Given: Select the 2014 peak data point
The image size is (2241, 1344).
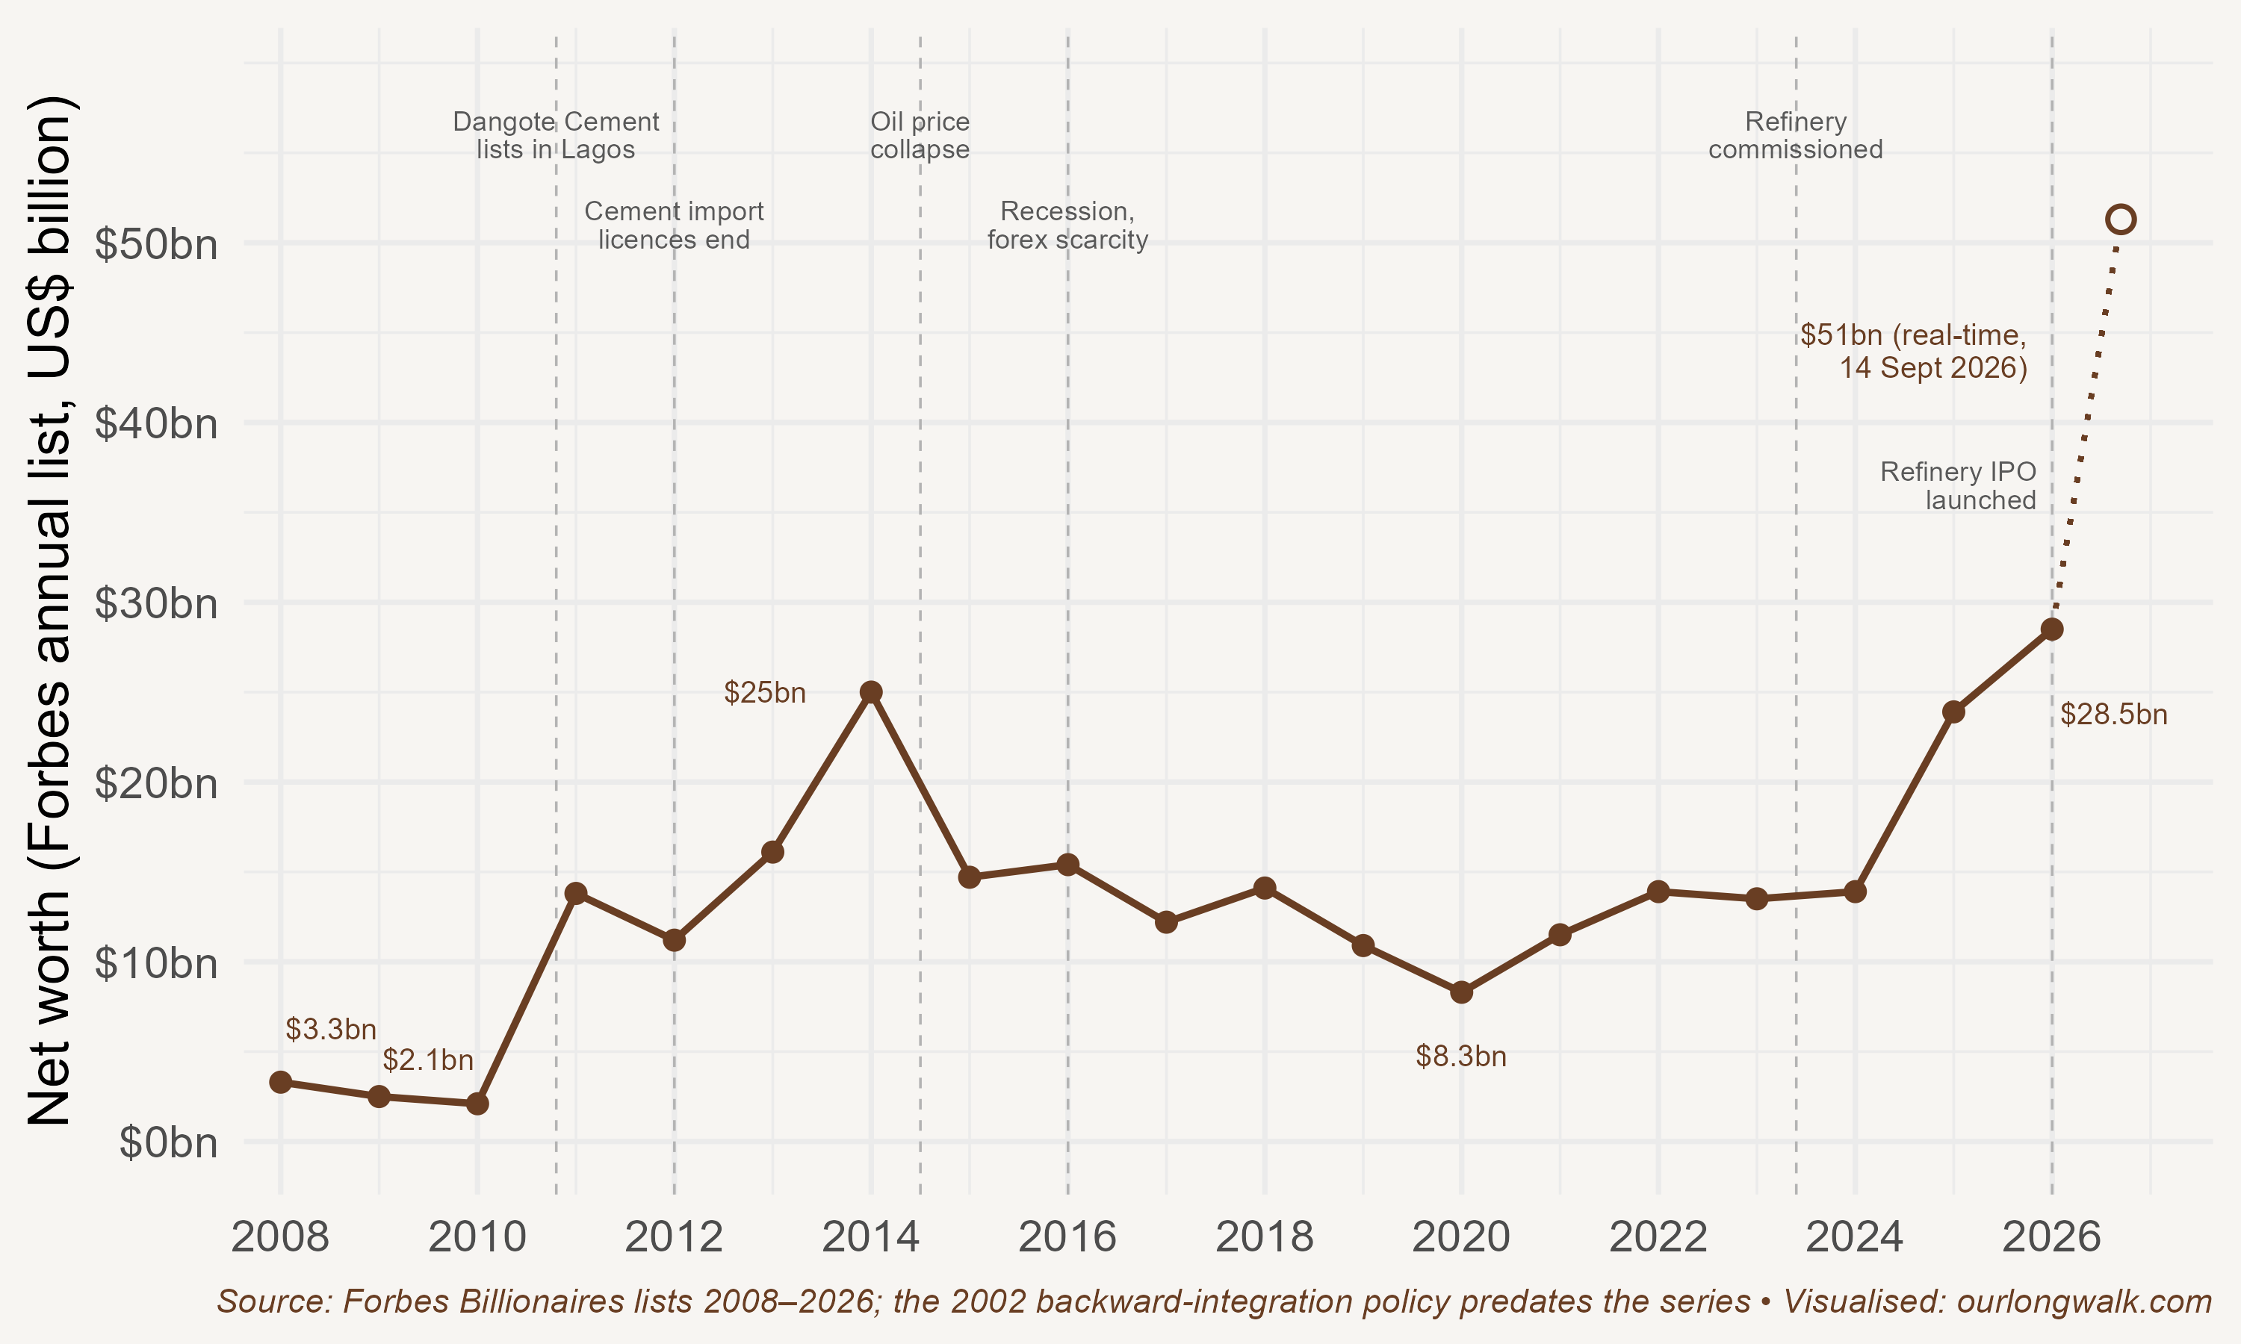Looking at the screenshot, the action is pos(870,692).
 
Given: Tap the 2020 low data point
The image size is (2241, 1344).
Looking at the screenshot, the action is pos(1461,992).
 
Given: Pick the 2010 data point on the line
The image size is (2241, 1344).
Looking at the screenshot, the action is pos(477,1104).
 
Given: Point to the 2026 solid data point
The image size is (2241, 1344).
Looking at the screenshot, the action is pos(2052,629).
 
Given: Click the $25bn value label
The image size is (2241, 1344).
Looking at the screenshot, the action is pos(764,693).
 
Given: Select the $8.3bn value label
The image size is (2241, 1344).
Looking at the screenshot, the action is pos(1461,1056).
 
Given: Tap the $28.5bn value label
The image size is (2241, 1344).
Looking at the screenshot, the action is pos(2114,715).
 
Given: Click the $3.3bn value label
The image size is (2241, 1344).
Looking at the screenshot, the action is pos(331,1029).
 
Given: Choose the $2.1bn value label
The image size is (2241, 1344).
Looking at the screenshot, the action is pos(427,1060).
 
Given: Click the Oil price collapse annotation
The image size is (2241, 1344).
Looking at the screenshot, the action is pos(920,135).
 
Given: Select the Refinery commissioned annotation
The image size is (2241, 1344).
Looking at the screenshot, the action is pos(1795,135).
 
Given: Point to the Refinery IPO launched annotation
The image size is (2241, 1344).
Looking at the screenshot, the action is pos(1959,485).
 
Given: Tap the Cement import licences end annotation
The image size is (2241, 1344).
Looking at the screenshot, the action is pos(674,225).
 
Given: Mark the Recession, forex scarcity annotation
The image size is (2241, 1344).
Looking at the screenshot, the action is pos(1067,225).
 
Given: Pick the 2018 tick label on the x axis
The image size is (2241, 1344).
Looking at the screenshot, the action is pos(1265,1237).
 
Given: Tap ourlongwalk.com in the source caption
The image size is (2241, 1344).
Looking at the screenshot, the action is pos(2084,1301).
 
